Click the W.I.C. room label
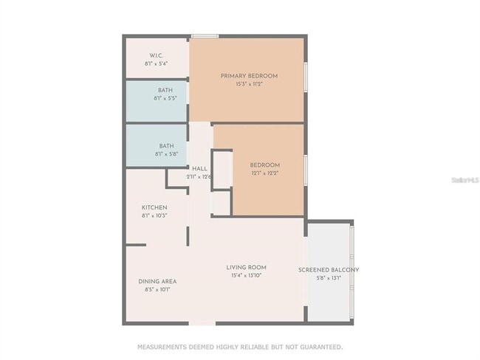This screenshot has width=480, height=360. click(156, 55)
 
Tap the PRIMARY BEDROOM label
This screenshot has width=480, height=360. click(249, 76)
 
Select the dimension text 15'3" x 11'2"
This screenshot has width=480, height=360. click(249, 84)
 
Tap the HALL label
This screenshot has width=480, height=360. click(199, 168)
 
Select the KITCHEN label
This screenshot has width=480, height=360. click(154, 207)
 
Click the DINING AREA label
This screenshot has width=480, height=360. click(157, 281)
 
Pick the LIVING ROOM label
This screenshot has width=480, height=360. click(246, 267)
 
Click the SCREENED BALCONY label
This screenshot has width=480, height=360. click(329, 270)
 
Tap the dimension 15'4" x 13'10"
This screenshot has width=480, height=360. click(245, 275)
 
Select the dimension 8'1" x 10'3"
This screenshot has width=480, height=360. click(154, 215)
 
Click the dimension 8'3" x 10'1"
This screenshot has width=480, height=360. click(157, 289)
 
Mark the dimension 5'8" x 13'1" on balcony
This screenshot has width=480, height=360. click(329, 278)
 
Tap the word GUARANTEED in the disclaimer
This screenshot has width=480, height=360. click(320, 346)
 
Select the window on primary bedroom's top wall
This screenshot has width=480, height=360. click(205, 35)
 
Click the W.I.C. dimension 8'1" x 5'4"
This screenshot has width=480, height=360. click(156, 63)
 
